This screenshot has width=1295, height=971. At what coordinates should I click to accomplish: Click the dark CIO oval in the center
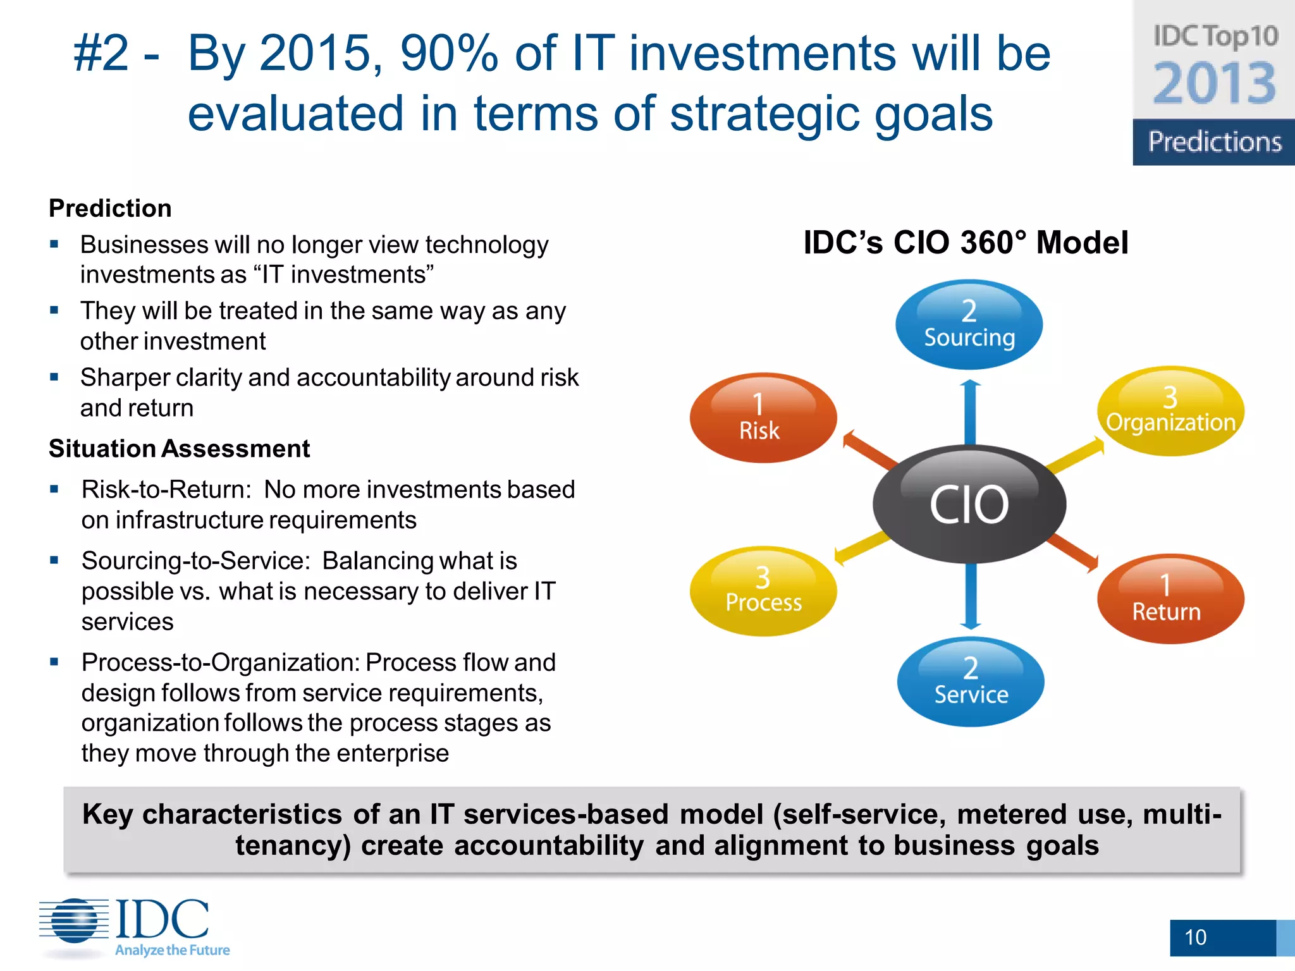click(x=969, y=504)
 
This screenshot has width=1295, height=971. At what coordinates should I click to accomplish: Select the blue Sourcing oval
click(x=969, y=325)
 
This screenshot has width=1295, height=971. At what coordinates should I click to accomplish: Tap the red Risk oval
click(x=763, y=418)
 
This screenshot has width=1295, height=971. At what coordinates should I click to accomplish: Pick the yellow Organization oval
click(x=1170, y=411)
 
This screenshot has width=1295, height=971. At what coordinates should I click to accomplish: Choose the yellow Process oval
click(x=763, y=591)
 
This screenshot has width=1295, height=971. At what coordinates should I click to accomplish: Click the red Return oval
click(x=1170, y=599)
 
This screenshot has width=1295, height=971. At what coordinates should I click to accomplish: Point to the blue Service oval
click(x=971, y=682)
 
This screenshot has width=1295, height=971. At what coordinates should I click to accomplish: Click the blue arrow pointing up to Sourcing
click(x=970, y=411)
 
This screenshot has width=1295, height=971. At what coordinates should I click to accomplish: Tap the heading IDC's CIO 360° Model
click(x=966, y=243)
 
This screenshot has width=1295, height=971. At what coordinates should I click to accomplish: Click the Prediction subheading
click(x=110, y=209)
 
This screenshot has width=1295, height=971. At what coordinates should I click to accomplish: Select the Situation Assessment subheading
click(x=180, y=449)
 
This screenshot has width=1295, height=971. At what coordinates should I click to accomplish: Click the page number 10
click(x=1195, y=937)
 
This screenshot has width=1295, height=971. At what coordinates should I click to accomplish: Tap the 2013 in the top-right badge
click(x=1215, y=83)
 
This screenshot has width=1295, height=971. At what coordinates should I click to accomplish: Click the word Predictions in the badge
click(x=1215, y=142)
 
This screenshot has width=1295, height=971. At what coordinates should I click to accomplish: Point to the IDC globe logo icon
click(x=75, y=920)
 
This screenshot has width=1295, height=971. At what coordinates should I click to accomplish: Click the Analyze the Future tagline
click(x=172, y=950)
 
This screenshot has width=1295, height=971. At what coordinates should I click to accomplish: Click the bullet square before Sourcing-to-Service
click(x=54, y=559)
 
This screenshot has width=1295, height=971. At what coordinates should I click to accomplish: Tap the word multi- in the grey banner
click(x=1182, y=814)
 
